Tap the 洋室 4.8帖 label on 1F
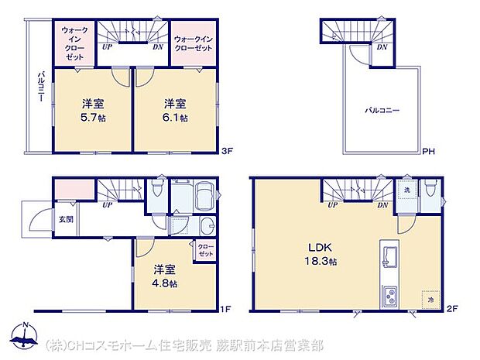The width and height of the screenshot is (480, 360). click(x=163, y=277)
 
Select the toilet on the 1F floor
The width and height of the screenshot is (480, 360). click(x=158, y=187)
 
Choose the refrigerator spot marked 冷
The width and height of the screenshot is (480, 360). click(x=428, y=297)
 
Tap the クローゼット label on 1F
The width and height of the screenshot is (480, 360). click(x=205, y=251)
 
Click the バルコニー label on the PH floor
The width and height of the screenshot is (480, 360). click(x=382, y=111)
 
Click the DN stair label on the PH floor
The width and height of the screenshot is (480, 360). click(x=381, y=47)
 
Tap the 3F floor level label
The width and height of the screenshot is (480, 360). click(x=226, y=151)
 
